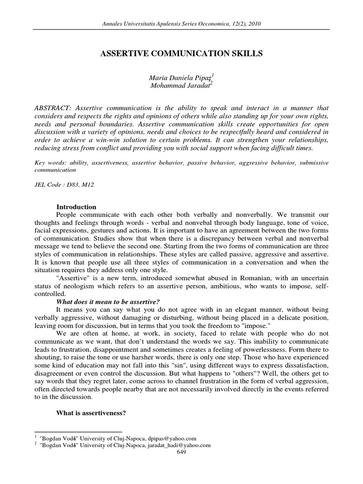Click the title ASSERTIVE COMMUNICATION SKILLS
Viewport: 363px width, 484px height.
(x=181, y=54)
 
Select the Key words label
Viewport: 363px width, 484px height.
(x=50, y=163)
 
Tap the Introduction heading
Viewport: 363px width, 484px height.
(x=76, y=207)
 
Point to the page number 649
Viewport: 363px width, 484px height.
(x=181, y=452)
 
